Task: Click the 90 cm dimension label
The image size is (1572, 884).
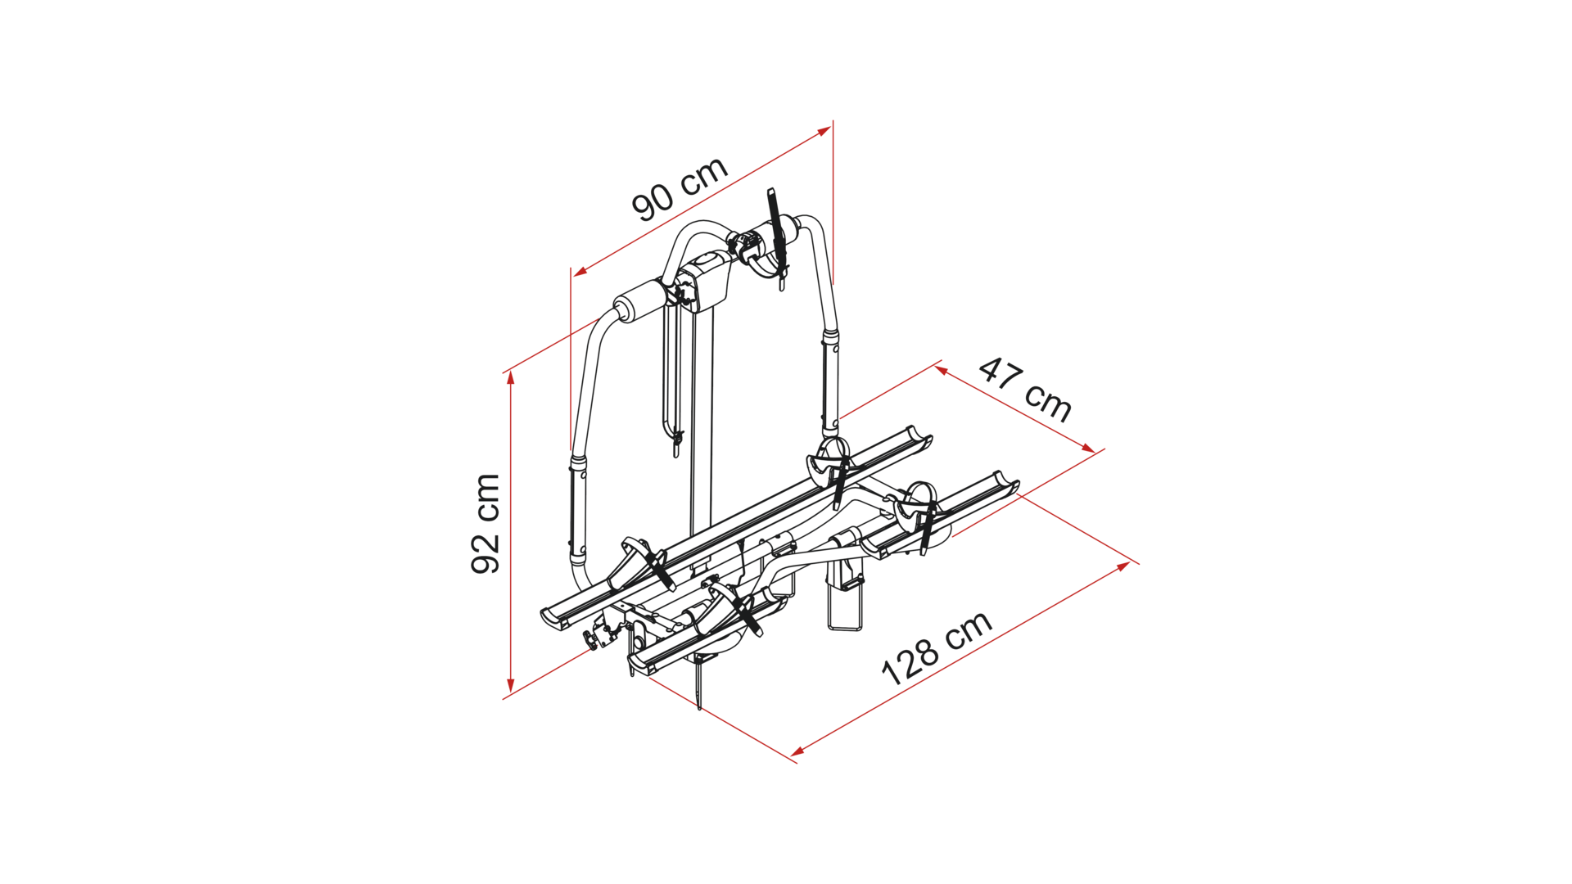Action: point(680,188)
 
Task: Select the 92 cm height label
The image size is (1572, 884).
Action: point(486,524)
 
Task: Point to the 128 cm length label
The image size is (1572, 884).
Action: point(937,648)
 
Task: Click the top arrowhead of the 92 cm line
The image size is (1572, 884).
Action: point(511,377)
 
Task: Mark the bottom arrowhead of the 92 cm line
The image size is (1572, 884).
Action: point(511,686)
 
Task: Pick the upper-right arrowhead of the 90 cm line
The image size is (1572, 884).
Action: point(824,131)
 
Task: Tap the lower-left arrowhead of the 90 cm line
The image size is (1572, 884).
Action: point(580,272)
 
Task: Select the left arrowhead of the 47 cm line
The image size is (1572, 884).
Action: point(942,371)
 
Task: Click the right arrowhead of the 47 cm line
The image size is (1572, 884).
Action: point(1088,448)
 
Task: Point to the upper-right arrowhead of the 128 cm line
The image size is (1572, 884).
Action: point(1124,566)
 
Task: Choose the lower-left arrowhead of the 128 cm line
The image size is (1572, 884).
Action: point(797,751)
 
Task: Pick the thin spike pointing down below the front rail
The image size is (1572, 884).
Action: point(699,683)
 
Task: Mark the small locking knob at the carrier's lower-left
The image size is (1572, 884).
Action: point(593,640)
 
